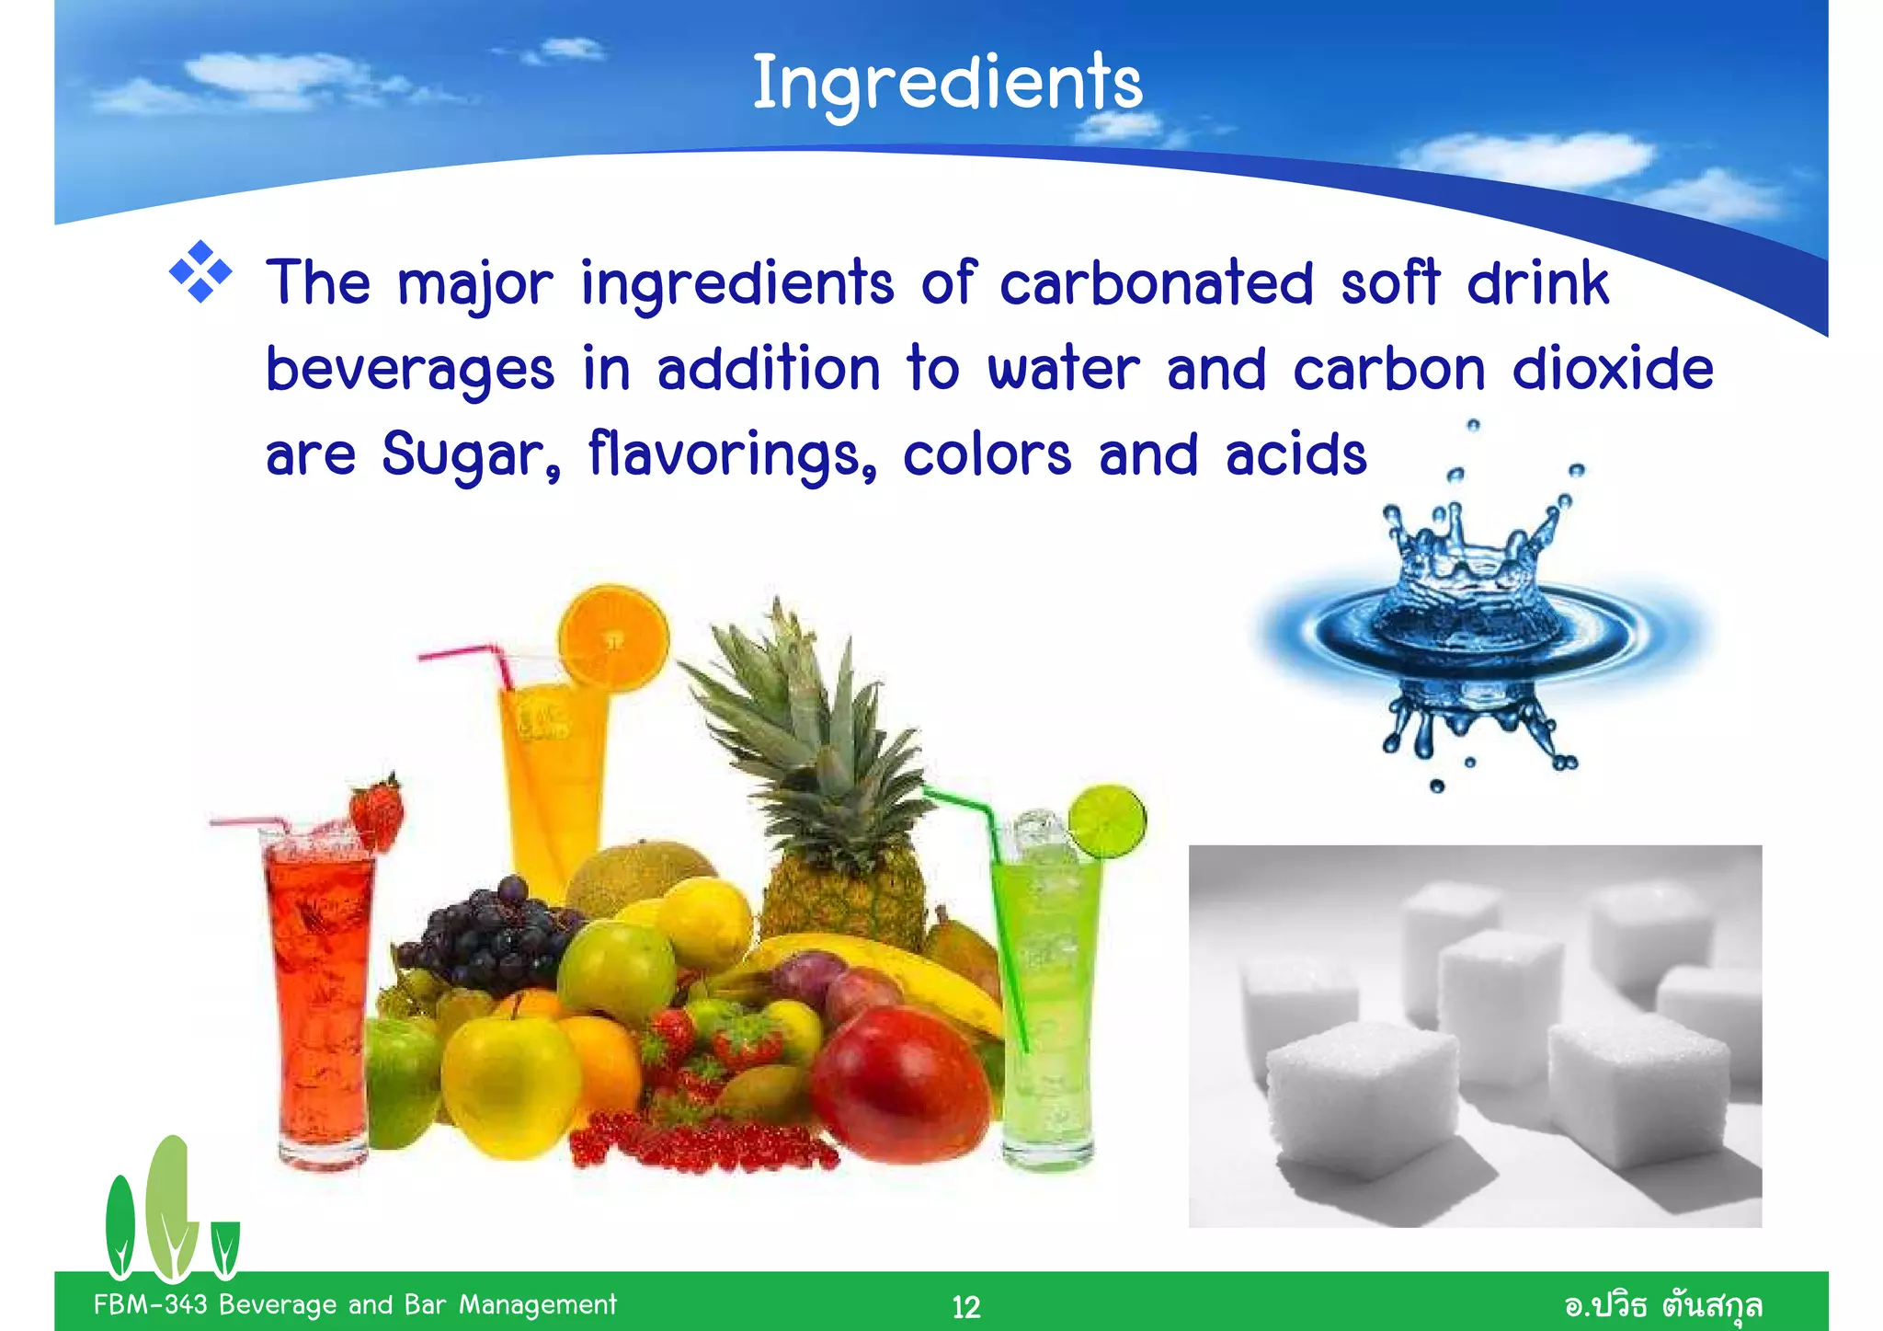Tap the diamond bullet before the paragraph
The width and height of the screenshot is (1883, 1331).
[x=200, y=272]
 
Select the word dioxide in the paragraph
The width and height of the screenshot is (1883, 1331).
[x=1613, y=370]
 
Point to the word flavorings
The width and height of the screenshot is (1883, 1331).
[x=732, y=454]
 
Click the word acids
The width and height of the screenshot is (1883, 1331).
[x=1295, y=454]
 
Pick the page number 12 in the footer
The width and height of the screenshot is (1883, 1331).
[x=965, y=1306]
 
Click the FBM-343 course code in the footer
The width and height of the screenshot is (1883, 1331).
[x=151, y=1304]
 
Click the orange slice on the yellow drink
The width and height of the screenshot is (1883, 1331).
[x=613, y=637]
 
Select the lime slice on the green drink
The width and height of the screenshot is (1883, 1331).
[x=1108, y=821]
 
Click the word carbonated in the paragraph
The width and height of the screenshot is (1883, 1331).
[x=1156, y=283]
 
